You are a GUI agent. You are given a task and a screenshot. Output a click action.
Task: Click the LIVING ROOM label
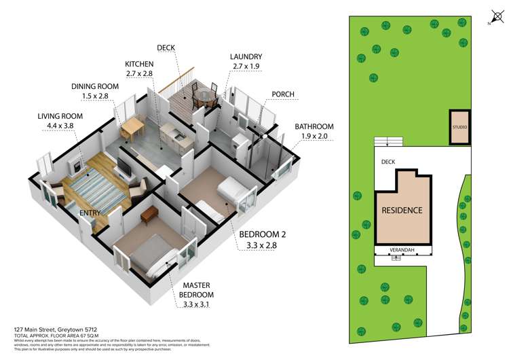click(60, 116)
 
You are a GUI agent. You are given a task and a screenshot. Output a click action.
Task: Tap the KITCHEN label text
click(138, 63)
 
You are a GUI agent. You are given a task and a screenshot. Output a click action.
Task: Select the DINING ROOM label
click(94, 86)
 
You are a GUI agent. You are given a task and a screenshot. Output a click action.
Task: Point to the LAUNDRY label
click(246, 56)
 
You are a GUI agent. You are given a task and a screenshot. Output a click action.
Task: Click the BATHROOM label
click(314, 126)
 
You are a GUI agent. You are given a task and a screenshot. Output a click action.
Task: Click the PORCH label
click(282, 94)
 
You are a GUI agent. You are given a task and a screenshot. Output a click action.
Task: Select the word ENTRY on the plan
click(90, 213)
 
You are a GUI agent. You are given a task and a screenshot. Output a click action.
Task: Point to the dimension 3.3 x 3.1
click(196, 305)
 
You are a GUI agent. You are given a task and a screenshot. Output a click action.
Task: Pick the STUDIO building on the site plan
click(459, 127)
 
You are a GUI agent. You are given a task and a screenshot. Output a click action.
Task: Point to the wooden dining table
click(132, 126)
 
